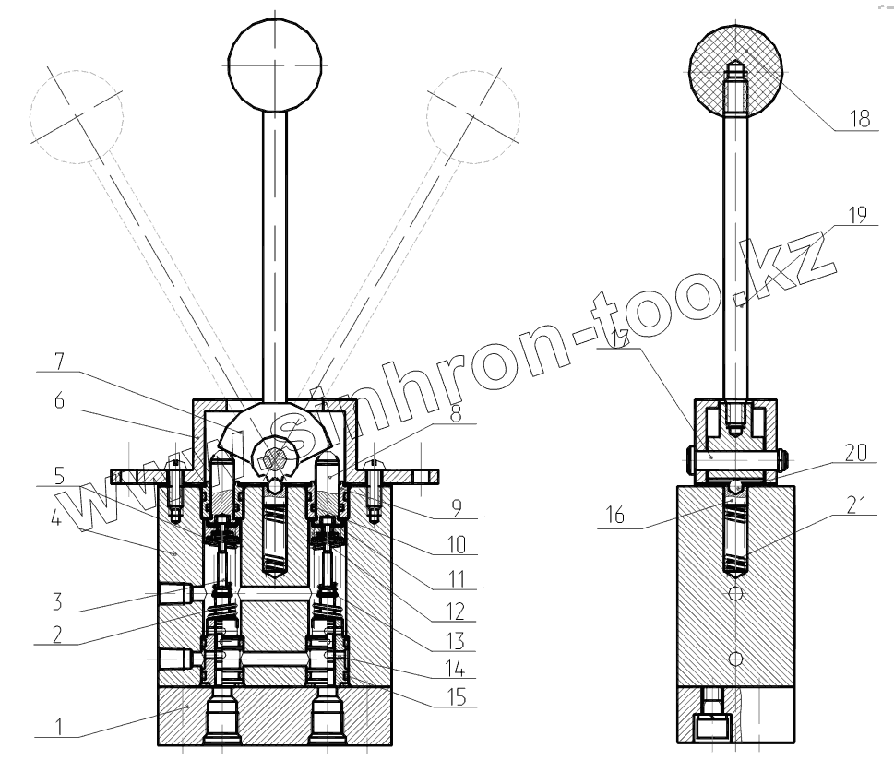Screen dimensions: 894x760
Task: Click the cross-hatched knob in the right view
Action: point(735,65)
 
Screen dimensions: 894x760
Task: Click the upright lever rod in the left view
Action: point(275,249)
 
